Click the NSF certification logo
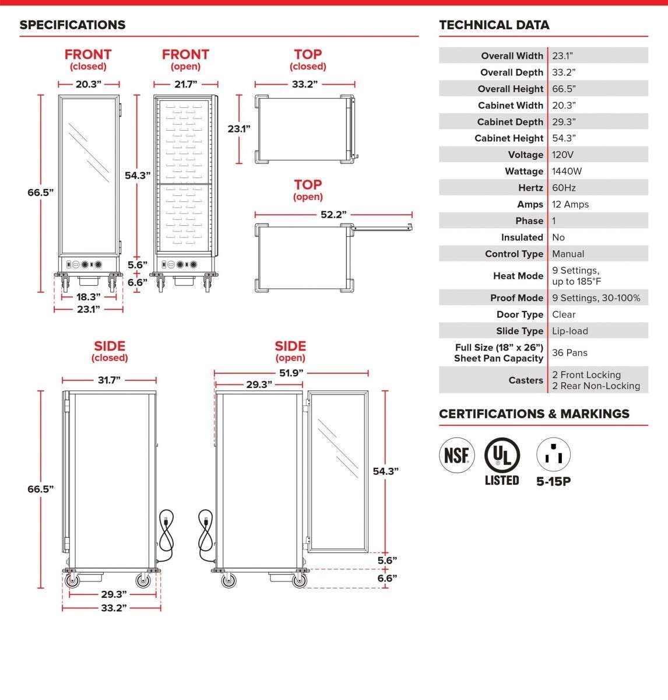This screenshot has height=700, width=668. [x=456, y=455]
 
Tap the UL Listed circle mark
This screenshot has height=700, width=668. [x=502, y=455]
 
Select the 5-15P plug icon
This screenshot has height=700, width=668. [x=553, y=454]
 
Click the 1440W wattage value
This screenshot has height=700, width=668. [x=567, y=171]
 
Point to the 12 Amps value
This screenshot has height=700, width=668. [x=570, y=204]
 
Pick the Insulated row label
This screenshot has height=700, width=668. [x=522, y=237]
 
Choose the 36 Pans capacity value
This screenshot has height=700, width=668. [x=569, y=352]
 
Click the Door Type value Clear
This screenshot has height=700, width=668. [x=564, y=314]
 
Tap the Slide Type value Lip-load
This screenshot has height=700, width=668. [x=570, y=331]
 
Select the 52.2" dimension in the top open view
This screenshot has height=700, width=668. [x=333, y=215]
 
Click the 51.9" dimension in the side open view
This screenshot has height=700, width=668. [x=291, y=373]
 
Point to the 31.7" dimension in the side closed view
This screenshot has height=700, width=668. [x=109, y=380]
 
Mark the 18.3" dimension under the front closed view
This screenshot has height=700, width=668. [x=89, y=297]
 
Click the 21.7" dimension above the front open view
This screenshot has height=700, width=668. [x=186, y=84]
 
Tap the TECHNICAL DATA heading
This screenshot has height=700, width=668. [x=494, y=25]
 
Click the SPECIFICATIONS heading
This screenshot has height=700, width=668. [x=73, y=25]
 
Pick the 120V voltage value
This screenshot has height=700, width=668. [x=562, y=155]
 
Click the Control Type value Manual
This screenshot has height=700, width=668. [x=568, y=254]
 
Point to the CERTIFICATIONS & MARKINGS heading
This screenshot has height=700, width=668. [x=535, y=414]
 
